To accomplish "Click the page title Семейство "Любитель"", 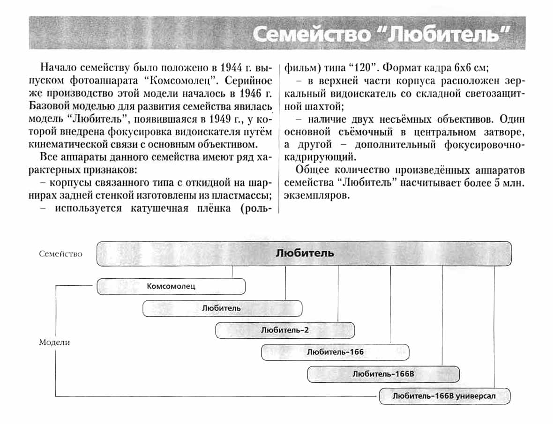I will click(380, 35).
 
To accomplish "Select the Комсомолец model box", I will click(171, 286).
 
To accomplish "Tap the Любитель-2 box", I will click(285, 330).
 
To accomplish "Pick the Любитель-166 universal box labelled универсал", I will click(444, 396).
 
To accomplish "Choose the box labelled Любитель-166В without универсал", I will click(383, 374).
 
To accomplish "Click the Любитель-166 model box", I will click(335, 352).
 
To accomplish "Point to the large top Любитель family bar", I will click(304, 253).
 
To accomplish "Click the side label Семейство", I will click(61, 254).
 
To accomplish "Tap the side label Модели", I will click(54, 342).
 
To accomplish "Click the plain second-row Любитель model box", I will click(222, 308).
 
